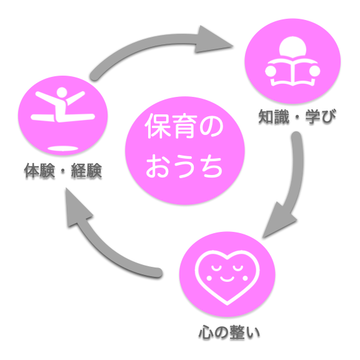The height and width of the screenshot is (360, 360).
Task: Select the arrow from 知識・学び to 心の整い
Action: pos(287,187)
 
